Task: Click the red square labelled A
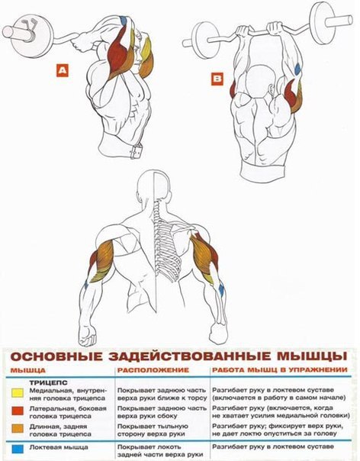63,70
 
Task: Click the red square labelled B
217,79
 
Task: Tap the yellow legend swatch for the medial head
17,393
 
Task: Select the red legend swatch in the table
18,411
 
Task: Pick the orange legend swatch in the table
18,428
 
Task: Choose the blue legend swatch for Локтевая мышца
18,449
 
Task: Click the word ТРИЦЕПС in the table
49,383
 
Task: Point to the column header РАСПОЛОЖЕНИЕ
153,370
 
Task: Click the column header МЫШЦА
28,370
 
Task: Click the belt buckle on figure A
137,151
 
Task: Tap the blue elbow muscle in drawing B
297,69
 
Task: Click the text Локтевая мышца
59,447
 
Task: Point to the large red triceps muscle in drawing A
119,55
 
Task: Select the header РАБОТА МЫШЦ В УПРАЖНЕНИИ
280,369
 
